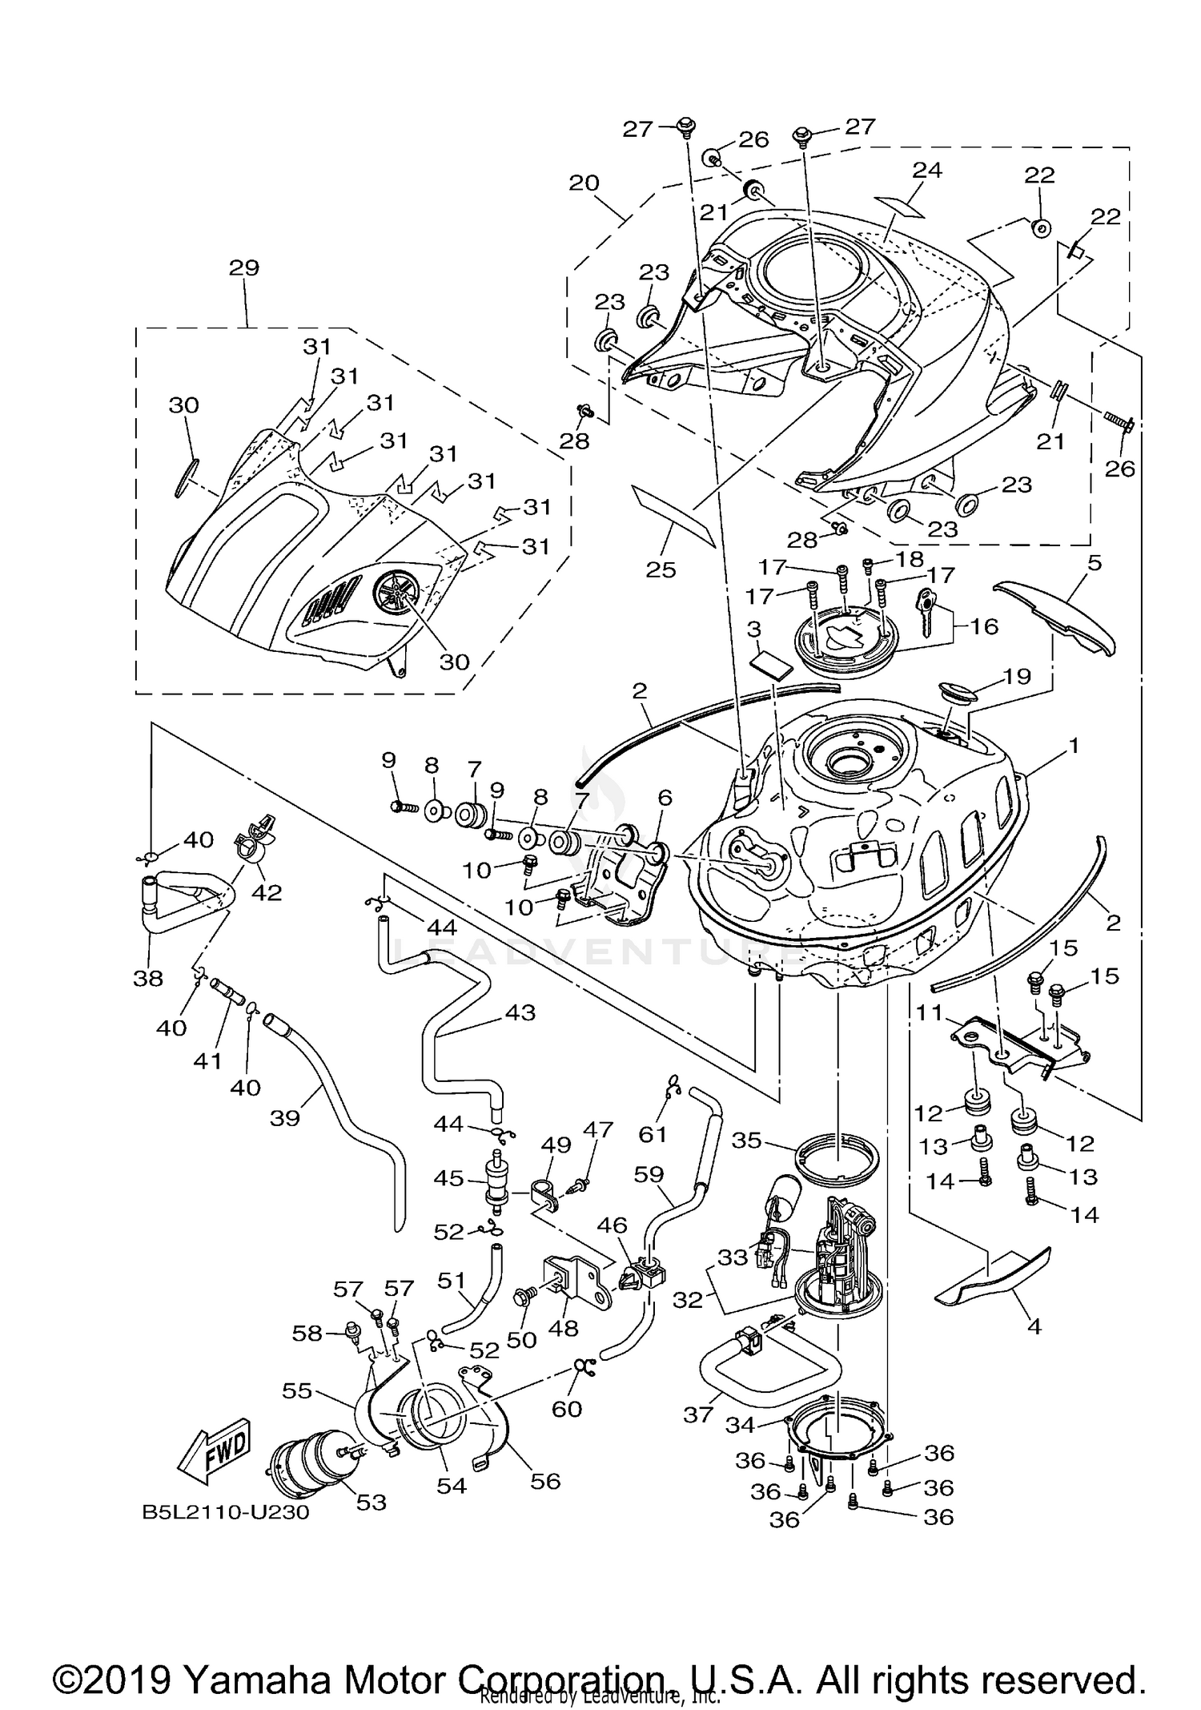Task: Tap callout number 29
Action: (x=243, y=268)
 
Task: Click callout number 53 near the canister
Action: (x=372, y=1503)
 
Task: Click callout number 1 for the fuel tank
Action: (x=1073, y=746)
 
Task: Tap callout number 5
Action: (x=1095, y=563)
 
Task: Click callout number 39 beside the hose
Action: (x=284, y=1118)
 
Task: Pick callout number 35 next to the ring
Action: (x=747, y=1140)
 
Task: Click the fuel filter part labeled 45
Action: (x=496, y=1186)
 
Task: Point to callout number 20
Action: (x=584, y=183)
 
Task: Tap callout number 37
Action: (x=698, y=1415)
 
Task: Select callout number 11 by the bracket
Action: (x=930, y=1013)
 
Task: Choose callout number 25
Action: (x=661, y=569)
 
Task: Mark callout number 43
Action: (x=520, y=1012)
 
